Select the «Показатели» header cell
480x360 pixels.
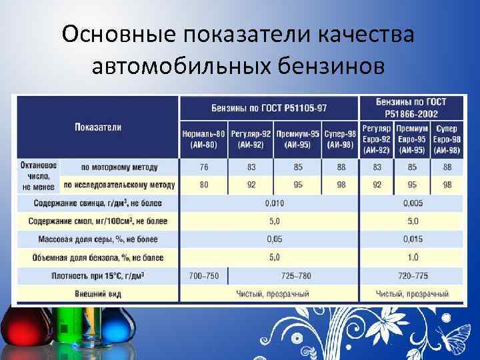98,127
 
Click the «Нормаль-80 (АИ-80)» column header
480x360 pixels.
203,139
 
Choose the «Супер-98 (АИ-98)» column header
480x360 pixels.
340,139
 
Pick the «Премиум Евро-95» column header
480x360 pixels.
411,139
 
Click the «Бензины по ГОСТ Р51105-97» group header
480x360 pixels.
269,108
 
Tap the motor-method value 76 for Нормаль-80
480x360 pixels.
203,167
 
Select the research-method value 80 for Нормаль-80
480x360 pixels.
203,184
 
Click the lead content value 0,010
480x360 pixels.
274,202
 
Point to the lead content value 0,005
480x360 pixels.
413,202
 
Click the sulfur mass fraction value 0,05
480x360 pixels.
274,239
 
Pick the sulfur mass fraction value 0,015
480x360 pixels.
413,239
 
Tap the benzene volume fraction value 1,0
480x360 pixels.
413,257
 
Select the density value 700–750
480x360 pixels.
203,275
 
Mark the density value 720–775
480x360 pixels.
413,275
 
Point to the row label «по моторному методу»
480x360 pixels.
119,167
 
